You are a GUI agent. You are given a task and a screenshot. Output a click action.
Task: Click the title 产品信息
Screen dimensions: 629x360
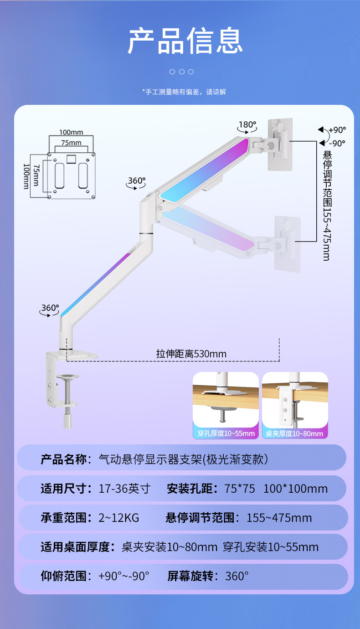coord(185,41)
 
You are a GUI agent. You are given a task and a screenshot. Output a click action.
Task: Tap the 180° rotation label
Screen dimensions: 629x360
coord(248,124)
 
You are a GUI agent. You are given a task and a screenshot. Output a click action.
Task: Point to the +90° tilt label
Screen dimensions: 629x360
coord(337,129)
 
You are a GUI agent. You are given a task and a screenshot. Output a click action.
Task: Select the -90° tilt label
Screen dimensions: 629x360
coord(337,143)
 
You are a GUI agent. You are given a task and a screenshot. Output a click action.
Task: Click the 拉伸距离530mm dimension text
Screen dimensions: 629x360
coord(191,354)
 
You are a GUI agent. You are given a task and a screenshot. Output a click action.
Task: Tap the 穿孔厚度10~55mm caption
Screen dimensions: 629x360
coord(226,433)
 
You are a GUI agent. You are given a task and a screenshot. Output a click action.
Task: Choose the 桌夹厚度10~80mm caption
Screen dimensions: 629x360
coord(295,433)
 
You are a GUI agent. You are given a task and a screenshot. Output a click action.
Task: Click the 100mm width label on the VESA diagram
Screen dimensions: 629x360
coord(71,132)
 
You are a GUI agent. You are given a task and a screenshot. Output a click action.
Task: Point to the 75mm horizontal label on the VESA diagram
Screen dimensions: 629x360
coord(71,143)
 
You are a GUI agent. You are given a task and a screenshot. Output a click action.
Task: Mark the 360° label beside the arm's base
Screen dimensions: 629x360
coord(50,308)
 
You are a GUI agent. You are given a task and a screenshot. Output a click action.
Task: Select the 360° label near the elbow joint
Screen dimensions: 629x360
coord(136,180)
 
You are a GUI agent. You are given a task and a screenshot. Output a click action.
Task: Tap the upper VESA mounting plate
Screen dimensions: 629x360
coord(280,144)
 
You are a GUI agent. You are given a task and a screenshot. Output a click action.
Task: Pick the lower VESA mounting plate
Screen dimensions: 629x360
coord(288,244)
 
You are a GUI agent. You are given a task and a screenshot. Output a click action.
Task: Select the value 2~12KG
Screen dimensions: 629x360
coord(119,518)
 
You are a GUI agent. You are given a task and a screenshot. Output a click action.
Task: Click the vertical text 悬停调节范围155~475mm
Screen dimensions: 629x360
coord(326,205)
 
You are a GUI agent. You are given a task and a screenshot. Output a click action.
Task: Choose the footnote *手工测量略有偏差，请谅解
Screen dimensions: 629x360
coord(184,92)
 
